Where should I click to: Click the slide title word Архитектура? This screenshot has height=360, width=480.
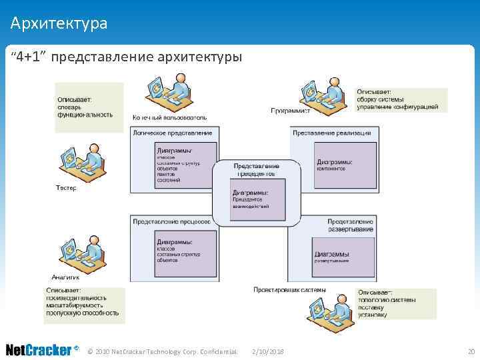point(59,24)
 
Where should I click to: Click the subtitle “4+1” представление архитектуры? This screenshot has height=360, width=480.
point(126,57)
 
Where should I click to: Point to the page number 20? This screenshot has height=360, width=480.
point(471,351)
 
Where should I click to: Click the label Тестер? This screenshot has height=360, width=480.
point(66,188)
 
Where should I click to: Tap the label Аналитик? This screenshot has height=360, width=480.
point(66,277)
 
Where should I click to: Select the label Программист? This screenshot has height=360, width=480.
point(290,111)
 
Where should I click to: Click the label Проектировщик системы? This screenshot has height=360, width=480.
point(289,289)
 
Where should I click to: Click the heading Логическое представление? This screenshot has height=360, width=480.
point(173,133)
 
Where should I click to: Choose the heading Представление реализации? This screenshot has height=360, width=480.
point(331,133)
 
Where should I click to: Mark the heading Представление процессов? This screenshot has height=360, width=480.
point(171,221)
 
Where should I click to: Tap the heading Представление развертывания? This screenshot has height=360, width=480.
point(349,225)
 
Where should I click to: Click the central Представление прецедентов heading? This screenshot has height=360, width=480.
point(256,169)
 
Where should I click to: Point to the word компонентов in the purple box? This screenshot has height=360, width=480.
point(331,169)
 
